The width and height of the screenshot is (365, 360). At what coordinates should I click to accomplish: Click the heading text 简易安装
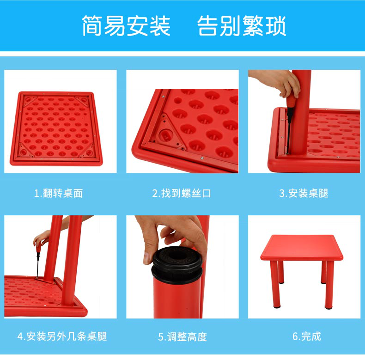[x=126, y=25]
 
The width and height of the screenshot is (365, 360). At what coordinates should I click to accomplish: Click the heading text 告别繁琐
[x=241, y=25]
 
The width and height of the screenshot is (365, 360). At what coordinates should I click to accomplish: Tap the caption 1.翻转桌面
[x=58, y=193]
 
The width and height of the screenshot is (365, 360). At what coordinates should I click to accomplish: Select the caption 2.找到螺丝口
[x=181, y=193]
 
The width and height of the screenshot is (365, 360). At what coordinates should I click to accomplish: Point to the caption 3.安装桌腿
[x=304, y=193]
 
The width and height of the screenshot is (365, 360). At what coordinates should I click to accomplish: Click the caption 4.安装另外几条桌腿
[x=62, y=336]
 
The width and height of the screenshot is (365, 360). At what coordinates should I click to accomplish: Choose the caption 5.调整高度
[x=182, y=337]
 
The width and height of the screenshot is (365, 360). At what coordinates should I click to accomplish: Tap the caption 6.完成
[x=307, y=336]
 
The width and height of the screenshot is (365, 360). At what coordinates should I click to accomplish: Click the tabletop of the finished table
[x=302, y=247]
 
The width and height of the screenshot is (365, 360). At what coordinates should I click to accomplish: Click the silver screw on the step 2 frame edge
[x=202, y=159]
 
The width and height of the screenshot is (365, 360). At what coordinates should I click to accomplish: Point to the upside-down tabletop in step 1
[x=56, y=128]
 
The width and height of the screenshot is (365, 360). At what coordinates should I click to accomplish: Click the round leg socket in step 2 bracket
[x=165, y=135]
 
